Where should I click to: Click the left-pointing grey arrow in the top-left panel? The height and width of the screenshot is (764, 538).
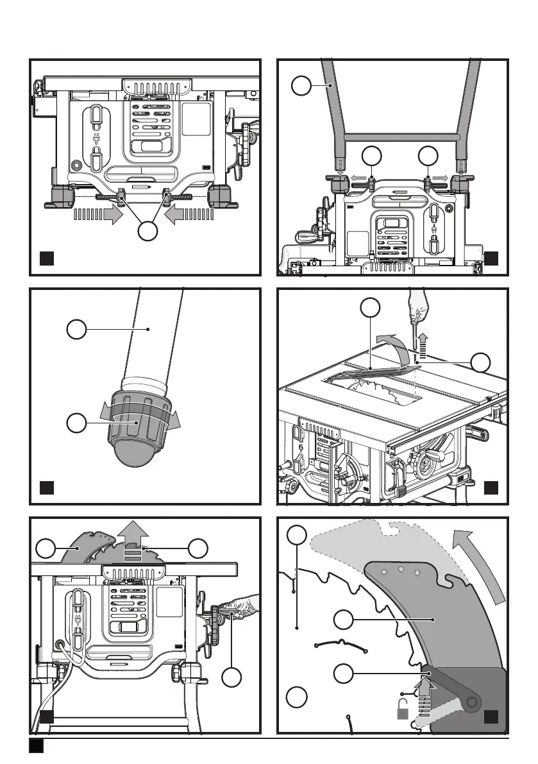point(189,215)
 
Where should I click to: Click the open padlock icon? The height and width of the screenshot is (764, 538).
point(403,709)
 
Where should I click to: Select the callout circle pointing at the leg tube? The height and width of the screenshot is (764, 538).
point(76,330)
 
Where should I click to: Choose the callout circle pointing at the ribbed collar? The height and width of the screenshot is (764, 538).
point(76,423)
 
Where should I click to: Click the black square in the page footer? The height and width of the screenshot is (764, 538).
point(36,746)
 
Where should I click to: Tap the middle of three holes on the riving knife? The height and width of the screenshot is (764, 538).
point(401,569)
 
